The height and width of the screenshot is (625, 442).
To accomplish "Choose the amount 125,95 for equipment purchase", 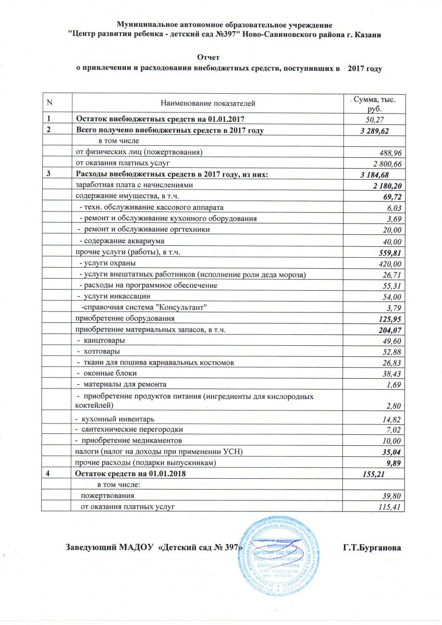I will coord(388,318).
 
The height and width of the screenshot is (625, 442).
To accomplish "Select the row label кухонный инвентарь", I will coord(115,419).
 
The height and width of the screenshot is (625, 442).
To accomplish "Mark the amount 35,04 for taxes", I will coord(391,452).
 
